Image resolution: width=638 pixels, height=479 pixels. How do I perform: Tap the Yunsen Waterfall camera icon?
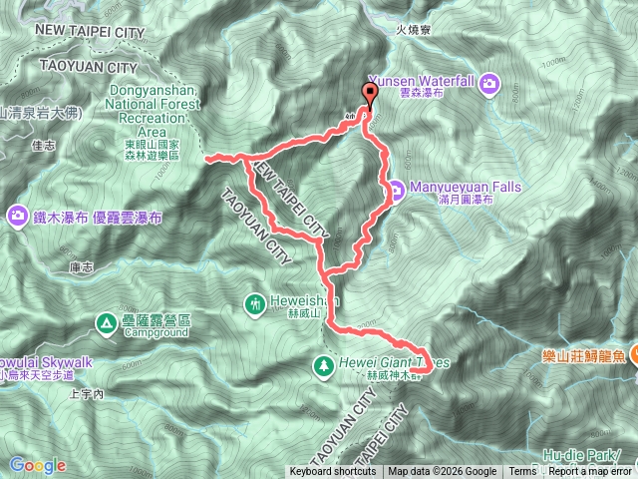click(x=490, y=83)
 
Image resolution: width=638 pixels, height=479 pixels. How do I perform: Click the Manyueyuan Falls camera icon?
click(x=396, y=187)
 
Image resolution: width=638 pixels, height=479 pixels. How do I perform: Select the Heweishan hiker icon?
click(x=256, y=300)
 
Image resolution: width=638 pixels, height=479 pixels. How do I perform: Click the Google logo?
click(x=37, y=465)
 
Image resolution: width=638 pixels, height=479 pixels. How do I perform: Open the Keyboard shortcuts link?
click(x=333, y=472)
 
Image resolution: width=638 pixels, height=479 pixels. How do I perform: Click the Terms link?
click(x=522, y=472)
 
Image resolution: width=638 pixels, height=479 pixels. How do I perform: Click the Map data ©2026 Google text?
click(x=443, y=472)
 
